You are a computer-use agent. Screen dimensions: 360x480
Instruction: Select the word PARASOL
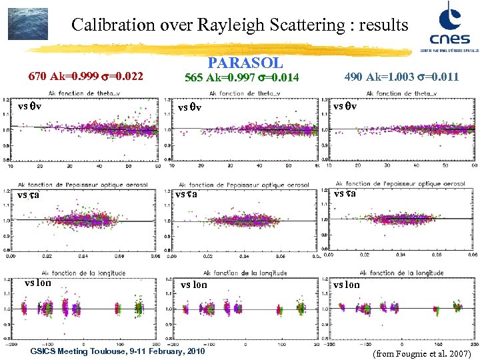pos(245,63)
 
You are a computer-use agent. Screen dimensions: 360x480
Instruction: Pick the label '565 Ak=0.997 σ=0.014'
pos(244,77)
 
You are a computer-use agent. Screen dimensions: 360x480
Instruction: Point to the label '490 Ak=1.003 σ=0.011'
pos(401,77)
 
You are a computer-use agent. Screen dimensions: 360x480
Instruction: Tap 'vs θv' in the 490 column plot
pos(345,107)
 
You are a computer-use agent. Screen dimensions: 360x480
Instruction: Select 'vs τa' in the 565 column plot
pos(187,194)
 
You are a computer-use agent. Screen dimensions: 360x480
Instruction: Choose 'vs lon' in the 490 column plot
pos(346,285)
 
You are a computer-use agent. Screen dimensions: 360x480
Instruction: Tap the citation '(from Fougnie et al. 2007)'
pos(422,353)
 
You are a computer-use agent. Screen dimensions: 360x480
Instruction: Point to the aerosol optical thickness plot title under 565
pos(244,184)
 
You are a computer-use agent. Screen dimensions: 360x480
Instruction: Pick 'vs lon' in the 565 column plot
pos(193,285)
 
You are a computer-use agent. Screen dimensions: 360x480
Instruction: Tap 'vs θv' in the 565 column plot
pos(189,107)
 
